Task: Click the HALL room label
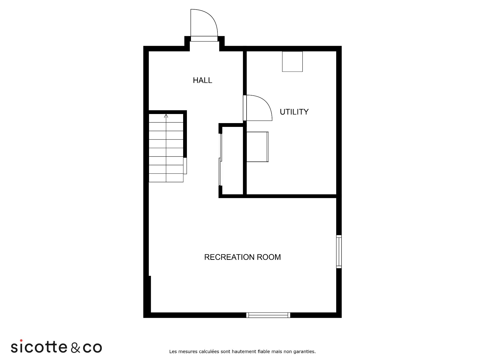(202, 80)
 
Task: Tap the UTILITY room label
(294, 112)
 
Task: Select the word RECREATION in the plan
(229, 257)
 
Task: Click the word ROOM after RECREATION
(269, 257)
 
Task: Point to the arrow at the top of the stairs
(166, 116)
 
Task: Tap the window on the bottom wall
(268, 315)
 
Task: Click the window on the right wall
(339, 252)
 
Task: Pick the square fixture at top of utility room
(292, 61)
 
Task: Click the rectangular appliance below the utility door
(257, 147)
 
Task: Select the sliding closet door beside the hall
(220, 160)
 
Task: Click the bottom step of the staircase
(166, 178)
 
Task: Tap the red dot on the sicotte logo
(21, 340)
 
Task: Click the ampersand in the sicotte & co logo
(75, 347)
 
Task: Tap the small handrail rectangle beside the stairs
(185, 166)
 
